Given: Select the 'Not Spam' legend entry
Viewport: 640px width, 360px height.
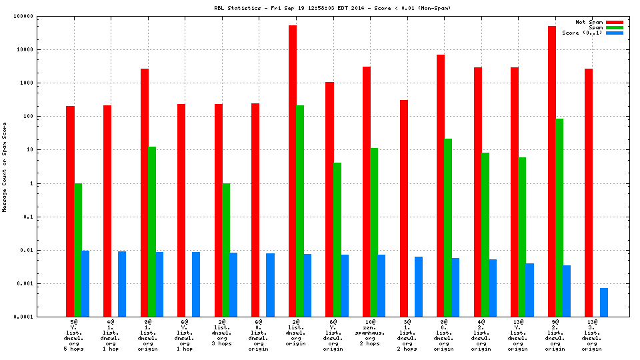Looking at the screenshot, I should tap(589, 22).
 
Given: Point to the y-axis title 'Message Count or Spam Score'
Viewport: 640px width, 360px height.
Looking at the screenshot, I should tap(5, 167).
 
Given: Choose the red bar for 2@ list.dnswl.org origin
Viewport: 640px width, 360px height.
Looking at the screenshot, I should tap(293, 171).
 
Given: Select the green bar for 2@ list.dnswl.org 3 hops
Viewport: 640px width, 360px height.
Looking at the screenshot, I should tap(226, 250).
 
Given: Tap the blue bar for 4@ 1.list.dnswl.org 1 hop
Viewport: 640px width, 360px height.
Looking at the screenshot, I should tap(122, 284).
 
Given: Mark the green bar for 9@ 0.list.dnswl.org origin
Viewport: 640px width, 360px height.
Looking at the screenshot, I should tap(448, 227).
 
